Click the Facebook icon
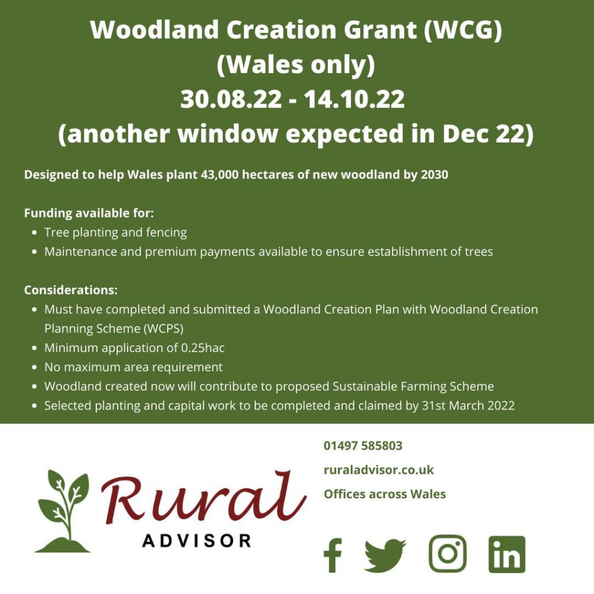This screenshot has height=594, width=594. [332, 555]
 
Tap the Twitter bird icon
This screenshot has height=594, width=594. [385, 555]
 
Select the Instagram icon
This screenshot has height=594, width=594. [447, 554]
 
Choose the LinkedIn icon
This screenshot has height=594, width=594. [507, 555]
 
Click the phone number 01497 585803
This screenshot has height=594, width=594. [363, 446]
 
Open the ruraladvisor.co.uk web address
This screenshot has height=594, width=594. [378, 470]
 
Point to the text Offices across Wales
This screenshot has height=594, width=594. [385, 494]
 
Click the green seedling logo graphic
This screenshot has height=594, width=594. [63, 511]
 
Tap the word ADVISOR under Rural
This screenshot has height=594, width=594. [197, 541]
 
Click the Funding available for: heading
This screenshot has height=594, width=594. [89, 213]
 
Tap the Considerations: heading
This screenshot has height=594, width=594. [71, 289]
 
